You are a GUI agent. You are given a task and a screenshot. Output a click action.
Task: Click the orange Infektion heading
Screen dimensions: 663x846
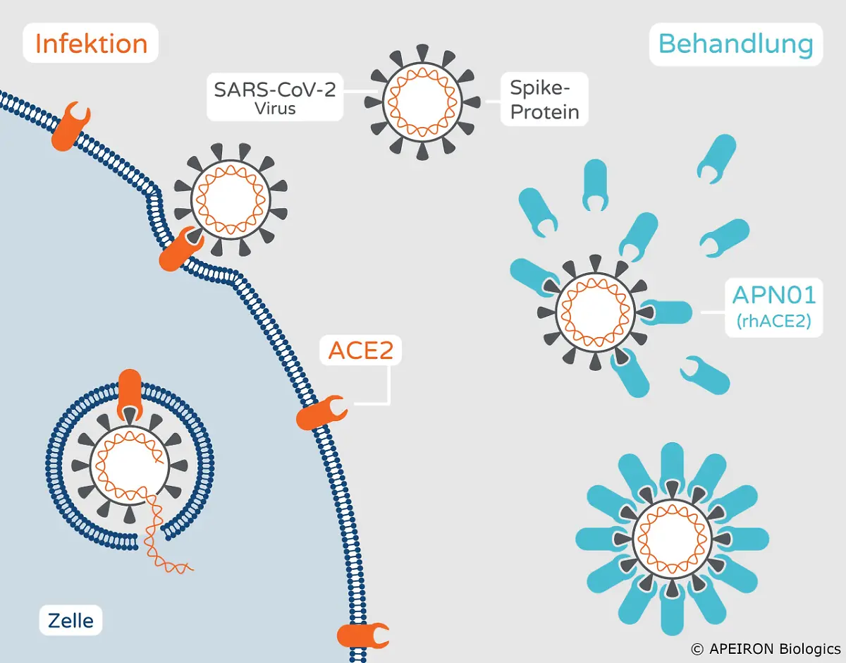pos(91,44)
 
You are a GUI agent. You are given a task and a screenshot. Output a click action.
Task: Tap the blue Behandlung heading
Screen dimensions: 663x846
pos(735,44)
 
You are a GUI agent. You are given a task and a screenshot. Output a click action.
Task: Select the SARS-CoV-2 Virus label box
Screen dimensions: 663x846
pos(275,97)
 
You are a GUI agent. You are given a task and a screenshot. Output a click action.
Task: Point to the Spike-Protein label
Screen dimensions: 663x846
pos(544,99)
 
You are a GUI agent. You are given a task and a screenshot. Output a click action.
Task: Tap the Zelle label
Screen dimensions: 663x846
pos(70,621)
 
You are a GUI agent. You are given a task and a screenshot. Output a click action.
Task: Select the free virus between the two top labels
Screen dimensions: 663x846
pos(422,102)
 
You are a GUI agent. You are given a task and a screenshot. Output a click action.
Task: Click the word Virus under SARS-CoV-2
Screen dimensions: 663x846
pos(276,109)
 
